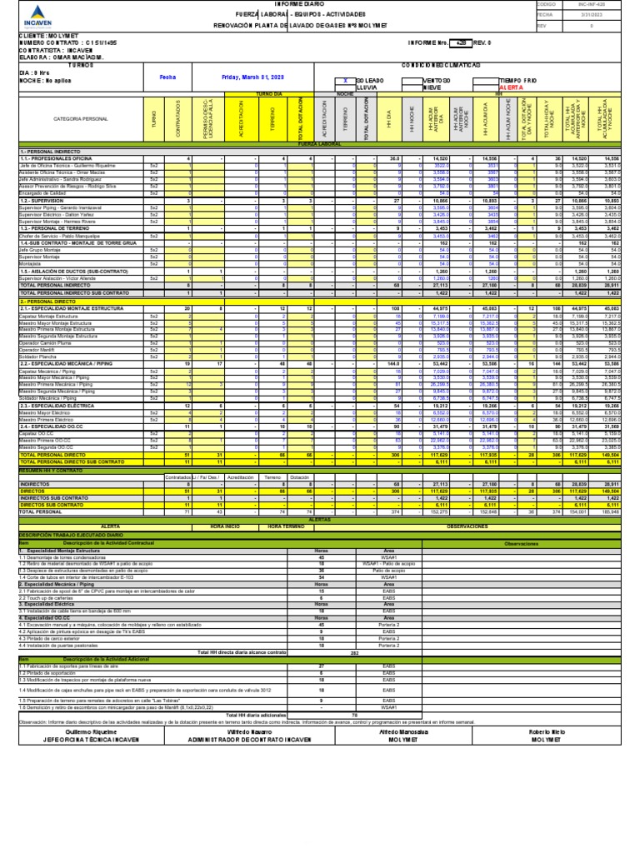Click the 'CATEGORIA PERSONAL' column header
pyautogui.click(x=76, y=120)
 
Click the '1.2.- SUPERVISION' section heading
pyautogui.click(x=42, y=201)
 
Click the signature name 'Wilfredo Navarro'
pyautogui.click(x=240, y=708)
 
